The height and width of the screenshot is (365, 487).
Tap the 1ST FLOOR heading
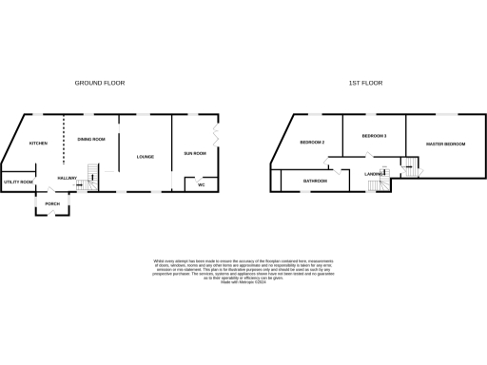365,84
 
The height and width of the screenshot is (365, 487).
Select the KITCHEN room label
38,144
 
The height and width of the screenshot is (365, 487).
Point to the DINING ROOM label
91,139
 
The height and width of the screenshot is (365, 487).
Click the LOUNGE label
146,157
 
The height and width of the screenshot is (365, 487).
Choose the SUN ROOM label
194,153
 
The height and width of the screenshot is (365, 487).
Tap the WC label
202,184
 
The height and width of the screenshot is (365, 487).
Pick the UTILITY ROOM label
18,182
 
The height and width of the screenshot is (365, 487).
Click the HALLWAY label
67,178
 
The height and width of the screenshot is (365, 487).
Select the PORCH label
52,202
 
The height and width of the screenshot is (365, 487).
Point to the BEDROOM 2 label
312,143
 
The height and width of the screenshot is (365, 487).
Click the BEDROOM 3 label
374,137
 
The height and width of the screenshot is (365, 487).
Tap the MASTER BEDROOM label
445,144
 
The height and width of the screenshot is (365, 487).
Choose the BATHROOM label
315,180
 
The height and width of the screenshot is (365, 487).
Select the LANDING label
373,174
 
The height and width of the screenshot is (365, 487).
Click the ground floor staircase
93,176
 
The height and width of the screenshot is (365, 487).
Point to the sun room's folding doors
218,136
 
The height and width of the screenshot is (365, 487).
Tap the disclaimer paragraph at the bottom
243,269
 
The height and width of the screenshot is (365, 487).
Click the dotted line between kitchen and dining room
64,141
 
